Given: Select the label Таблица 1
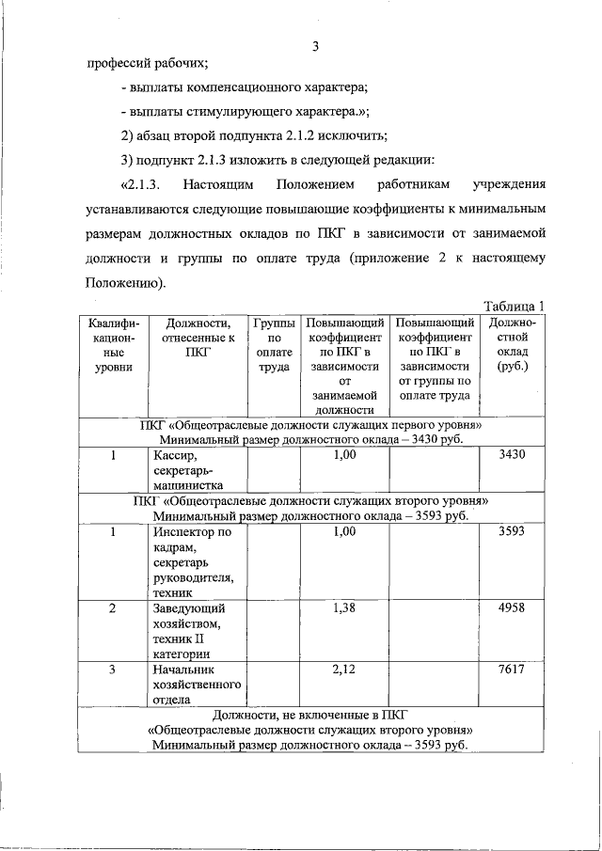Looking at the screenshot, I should [x=514, y=306].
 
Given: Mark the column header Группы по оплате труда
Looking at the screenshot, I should [x=273, y=345].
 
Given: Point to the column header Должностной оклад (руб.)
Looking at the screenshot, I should [x=513, y=345].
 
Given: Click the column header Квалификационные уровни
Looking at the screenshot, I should [x=113, y=345].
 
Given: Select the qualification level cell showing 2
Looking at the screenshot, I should [x=113, y=609].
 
